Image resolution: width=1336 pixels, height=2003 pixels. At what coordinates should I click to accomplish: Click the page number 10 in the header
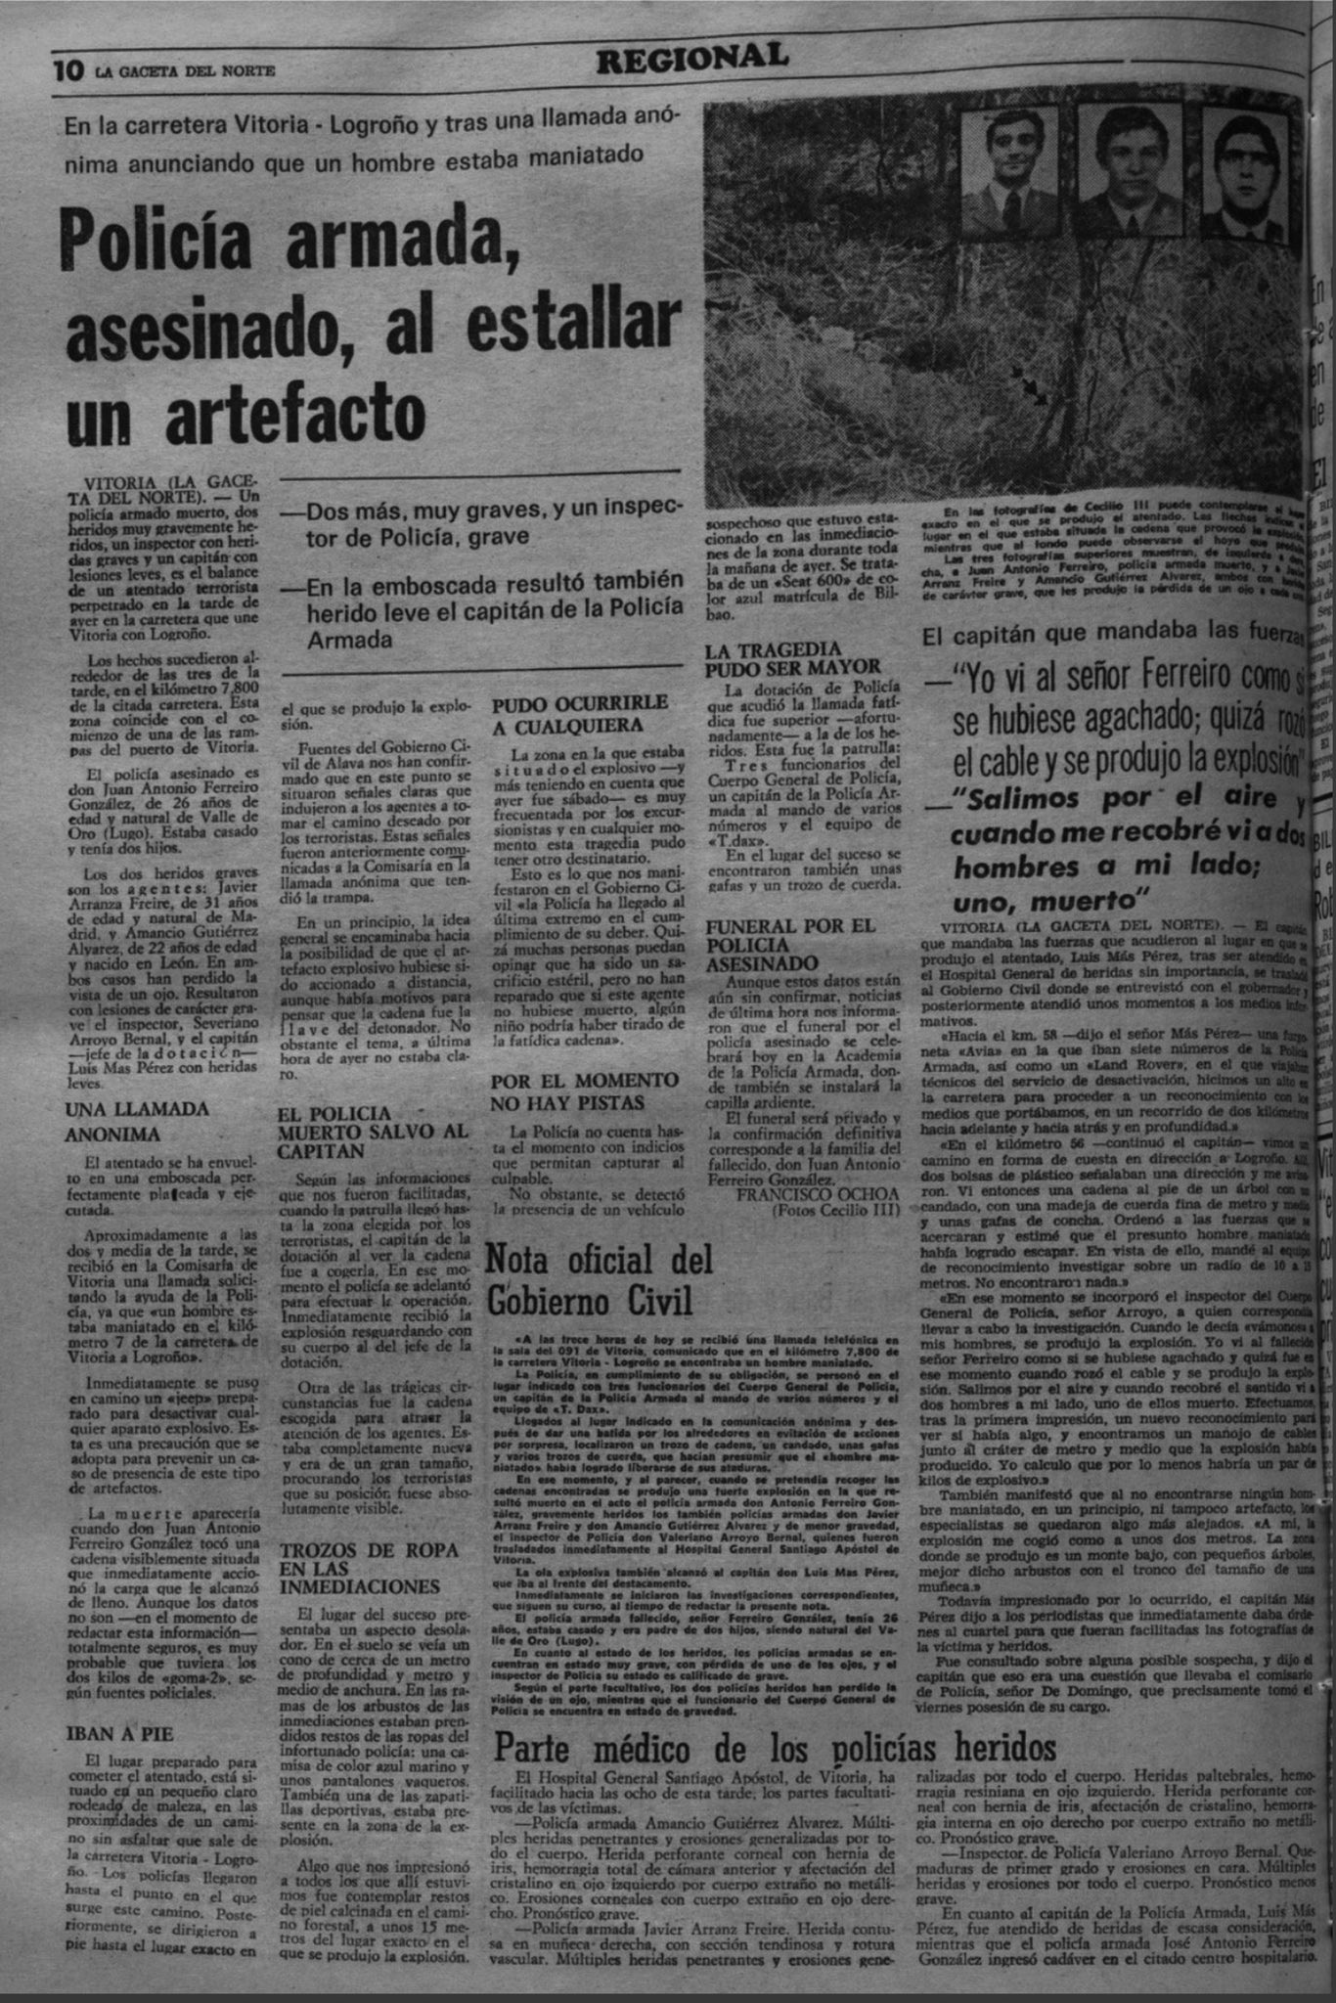click(x=68, y=71)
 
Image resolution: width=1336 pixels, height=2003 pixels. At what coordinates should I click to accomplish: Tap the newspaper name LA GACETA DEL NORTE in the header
click(x=185, y=71)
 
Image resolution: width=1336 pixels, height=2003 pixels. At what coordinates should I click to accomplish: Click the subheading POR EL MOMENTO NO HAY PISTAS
click(x=585, y=1091)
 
